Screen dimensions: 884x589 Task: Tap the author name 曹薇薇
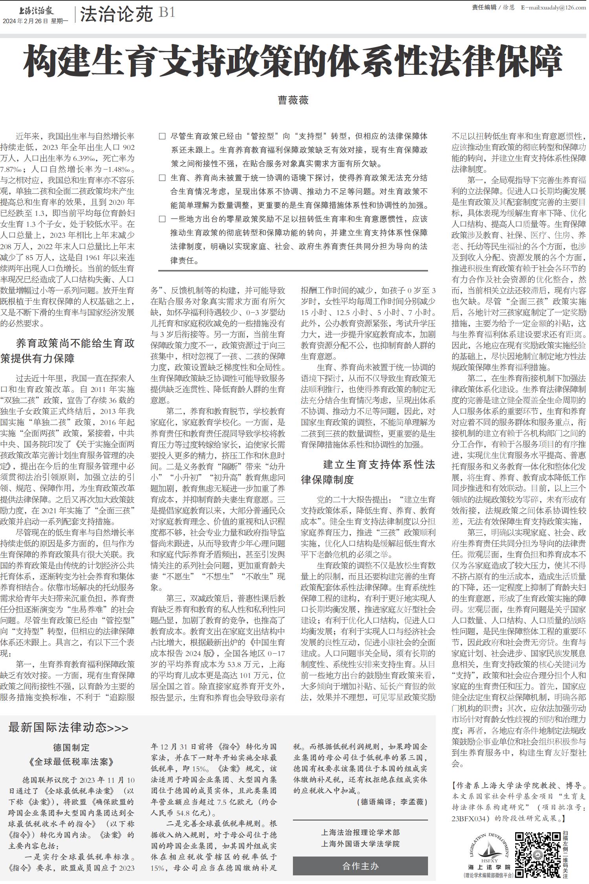[293, 100]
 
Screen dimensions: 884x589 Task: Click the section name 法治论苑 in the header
[116, 15]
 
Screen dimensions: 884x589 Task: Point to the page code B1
[167, 13]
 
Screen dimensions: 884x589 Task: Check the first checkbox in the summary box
[162, 137]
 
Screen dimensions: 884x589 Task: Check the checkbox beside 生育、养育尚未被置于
[162, 178]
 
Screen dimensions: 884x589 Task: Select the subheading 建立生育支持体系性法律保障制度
[368, 472]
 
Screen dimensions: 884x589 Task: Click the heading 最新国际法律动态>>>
[68, 728]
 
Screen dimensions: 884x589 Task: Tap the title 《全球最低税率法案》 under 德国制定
[71, 762]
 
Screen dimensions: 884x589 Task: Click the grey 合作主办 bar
[360, 866]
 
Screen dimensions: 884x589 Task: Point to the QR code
[538, 855]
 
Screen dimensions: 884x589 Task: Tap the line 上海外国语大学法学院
[360, 844]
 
